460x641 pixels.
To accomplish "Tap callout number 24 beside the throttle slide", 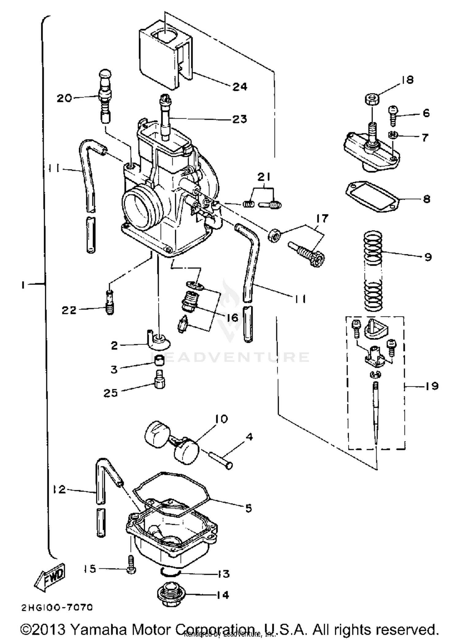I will [x=240, y=87].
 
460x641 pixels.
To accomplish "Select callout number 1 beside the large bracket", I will [x=23, y=285].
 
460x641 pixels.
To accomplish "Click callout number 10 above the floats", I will [x=222, y=419].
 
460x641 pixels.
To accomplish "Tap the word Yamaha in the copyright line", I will [x=98, y=629].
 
